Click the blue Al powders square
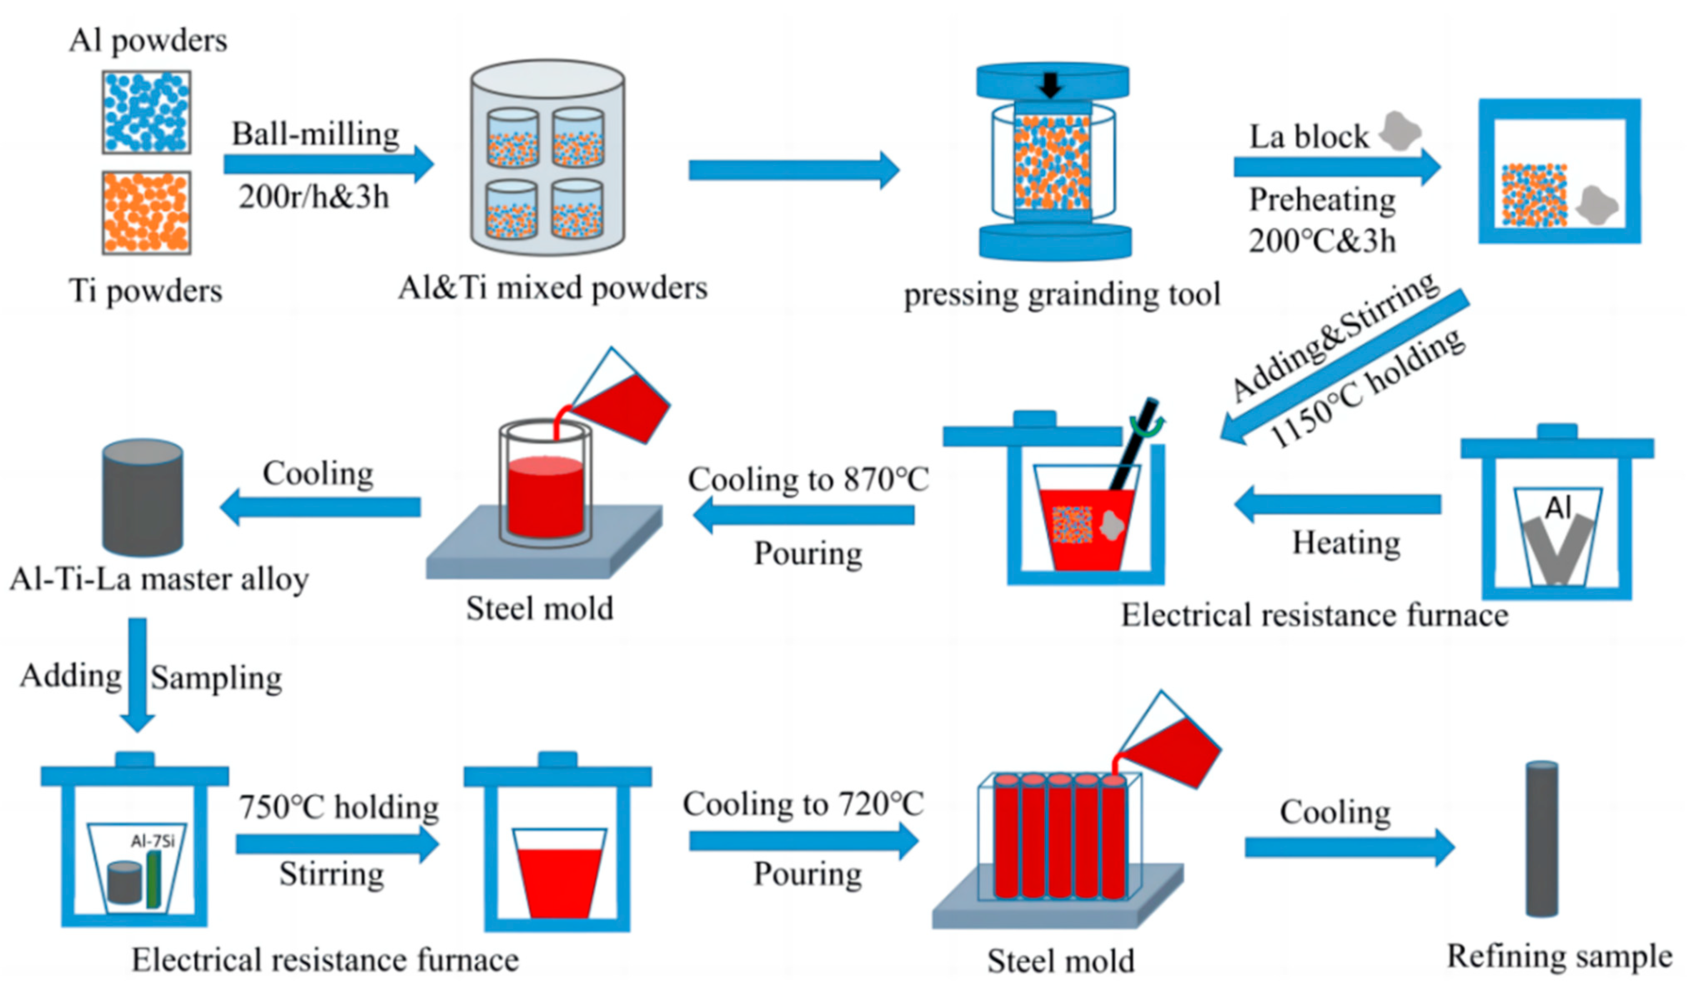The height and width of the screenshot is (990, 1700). [146, 112]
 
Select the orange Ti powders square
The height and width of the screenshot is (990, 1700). [146, 213]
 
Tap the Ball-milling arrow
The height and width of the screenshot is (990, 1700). [328, 164]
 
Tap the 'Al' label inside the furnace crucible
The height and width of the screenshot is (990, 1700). [1558, 507]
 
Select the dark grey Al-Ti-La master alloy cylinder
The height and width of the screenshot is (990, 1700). [142, 498]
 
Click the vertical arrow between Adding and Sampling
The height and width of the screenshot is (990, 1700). [138, 675]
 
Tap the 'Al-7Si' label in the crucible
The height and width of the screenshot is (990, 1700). [153, 841]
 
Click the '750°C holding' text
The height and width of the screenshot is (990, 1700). [338, 807]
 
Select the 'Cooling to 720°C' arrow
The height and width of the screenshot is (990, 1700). [804, 841]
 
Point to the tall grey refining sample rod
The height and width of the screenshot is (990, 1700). [1542, 839]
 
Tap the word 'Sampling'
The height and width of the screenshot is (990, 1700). [216, 678]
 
